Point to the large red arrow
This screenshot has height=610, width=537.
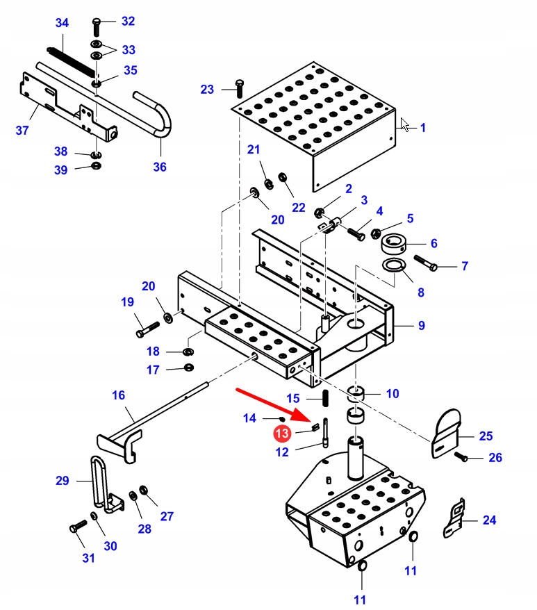(274, 406)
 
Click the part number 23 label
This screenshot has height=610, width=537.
(208, 90)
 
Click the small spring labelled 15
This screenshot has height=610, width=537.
(325, 399)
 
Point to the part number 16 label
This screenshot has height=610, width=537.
(118, 395)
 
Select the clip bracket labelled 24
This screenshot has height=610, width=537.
(454, 519)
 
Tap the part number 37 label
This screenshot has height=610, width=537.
(22, 130)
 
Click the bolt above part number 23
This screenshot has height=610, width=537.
(239, 88)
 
